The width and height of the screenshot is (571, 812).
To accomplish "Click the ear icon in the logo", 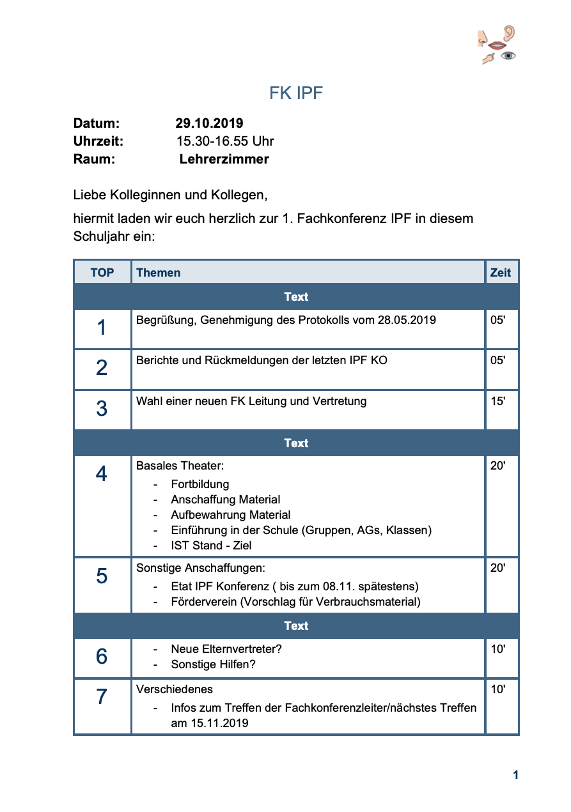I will pyautogui.click(x=509, y=33).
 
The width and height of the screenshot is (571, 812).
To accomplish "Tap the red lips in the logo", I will pyautogui.click(x=497, y=45).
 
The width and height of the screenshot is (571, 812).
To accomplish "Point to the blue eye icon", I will pyautogui.click(x=508, y=56).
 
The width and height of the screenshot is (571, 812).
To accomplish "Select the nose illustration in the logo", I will pyautogui.click(x=483, y=38).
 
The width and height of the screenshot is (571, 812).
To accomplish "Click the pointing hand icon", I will pyautogui.click(x=489, y=59).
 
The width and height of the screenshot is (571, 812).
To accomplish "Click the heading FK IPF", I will pyautogui.click(x=296, y=93).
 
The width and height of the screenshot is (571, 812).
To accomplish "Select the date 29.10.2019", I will pyautogui.click(x=209, y=123).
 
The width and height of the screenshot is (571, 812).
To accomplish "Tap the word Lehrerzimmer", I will pyautogui.click(x=224, y=159).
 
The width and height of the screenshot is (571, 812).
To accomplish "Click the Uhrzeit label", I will pyautogui.click(x=98, y=141).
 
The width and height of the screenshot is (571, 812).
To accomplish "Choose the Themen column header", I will pyautogui.click(x=158, y=273).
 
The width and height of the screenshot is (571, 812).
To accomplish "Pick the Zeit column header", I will pyautogui.click(x=500, y=273).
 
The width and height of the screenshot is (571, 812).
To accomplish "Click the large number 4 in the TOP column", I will pyautogui.click(x=102, y=474).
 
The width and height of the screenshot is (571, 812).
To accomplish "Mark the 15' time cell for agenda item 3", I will pyautogui.click(x=497, y=402).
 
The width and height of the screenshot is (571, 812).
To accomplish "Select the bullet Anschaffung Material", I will pyautogui.click(x=225, y=500).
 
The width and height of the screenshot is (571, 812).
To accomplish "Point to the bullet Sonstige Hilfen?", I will pyautogui.click(x=213, y=664).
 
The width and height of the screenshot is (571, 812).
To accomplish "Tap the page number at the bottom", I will pyautogui.click(x=515, y=775).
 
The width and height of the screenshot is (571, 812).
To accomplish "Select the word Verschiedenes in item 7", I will pyautogui.click(x=175, y=689).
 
